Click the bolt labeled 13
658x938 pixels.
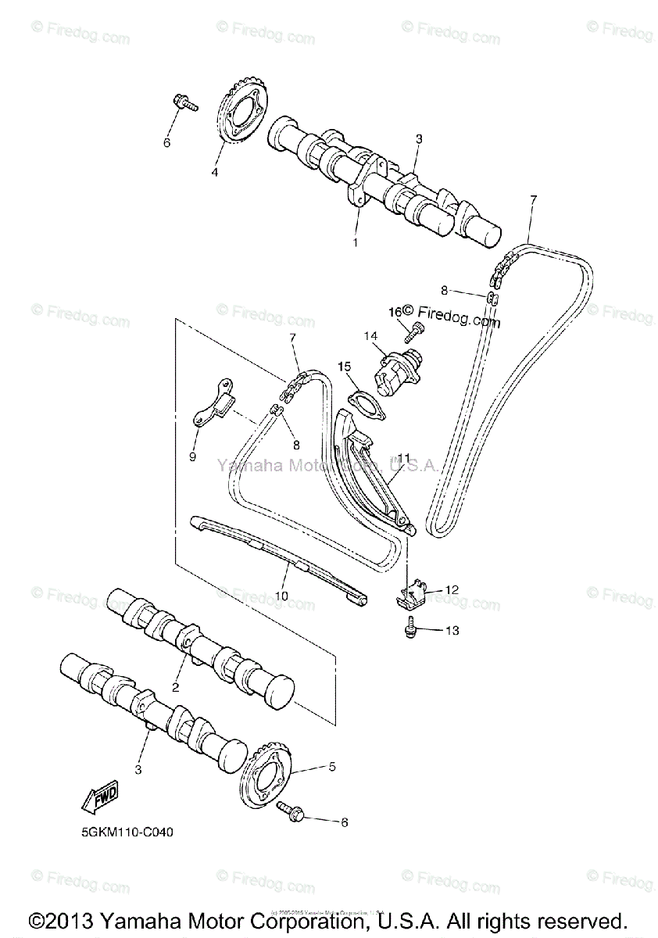pyautogui.click(x=409, y=627)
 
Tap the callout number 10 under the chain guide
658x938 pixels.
pyautogui.click(x=281, y=596)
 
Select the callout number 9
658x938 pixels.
pyautogui.click(x=192, y=455)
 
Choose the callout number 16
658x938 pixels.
pyautogui.click(x=394, y=312)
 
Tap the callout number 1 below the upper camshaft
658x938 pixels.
pyautogui.click(x=355, y=242)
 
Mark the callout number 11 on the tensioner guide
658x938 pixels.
pyautogui.click(x=403, y=457)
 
